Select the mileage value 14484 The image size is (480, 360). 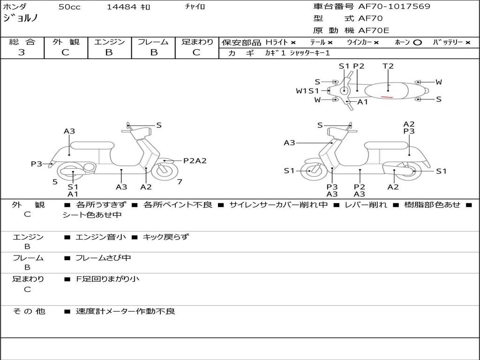[x=122, y=7]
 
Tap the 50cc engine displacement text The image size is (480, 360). [x=69, y=7]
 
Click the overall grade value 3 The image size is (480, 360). [x=22, y=52]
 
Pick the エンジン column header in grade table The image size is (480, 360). [x=109, y=42]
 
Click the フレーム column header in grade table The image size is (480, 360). [x=153, y=42]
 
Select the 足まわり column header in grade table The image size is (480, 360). [x=197, y=42]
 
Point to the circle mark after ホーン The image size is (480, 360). [x=417, y=42]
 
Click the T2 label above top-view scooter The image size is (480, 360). [x=388, y=66]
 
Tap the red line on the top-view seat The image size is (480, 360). [x=387, y=97]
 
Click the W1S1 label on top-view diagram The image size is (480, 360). [x=307, y=91]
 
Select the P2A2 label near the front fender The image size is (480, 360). [x=195, y=161]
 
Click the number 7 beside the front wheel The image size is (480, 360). [x=180, y=181]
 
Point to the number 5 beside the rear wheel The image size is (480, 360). [x=55, y=181]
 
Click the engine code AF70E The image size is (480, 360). [x=374, y=30]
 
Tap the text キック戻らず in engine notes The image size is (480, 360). [x=165, y=237]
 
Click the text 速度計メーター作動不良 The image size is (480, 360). [x=125, y=311]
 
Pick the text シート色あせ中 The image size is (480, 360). [x=92, y=215]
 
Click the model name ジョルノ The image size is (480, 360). [x=21, y=18]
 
